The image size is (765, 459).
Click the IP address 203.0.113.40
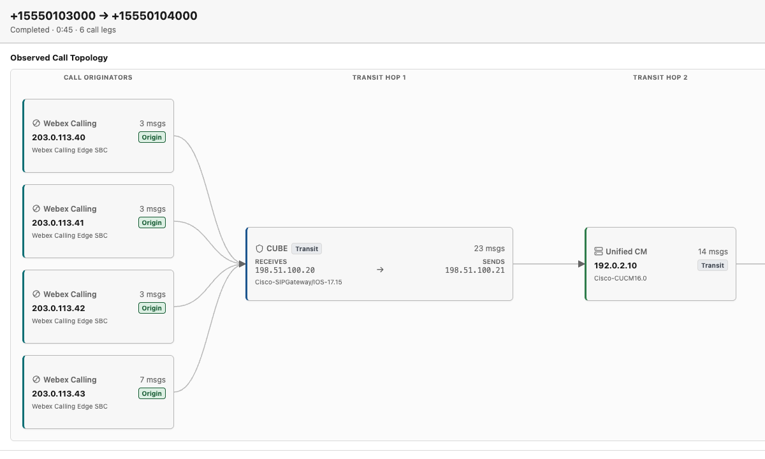click(59, 137)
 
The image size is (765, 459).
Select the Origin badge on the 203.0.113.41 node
click(152, 222)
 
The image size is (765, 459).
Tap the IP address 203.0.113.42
click(59, 308)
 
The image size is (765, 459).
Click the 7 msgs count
click(152, 379)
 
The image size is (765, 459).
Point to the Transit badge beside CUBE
click(307, 249)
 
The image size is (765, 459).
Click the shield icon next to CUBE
click(259, 249)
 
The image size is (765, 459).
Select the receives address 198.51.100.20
click(285, 270)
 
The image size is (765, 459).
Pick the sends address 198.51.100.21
click(475, 270)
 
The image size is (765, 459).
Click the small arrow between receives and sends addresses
click(380, 270)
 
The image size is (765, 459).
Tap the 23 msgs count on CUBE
click(489, 248)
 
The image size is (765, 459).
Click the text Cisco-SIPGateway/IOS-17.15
click(298, 282)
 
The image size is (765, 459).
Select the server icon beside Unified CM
click(599, 251)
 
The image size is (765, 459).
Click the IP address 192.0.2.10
click(615, 265)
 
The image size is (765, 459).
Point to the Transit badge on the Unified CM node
click(713, 265)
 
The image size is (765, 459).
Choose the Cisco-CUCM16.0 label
click(620, 279)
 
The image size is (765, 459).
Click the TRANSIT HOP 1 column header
click(379, 78)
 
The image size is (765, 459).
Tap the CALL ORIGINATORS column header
click(98, 78)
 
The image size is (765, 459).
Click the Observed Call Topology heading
click(59, 58)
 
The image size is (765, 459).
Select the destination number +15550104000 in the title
click(154, 16)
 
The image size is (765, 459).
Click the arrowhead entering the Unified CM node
click(581, 264)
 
